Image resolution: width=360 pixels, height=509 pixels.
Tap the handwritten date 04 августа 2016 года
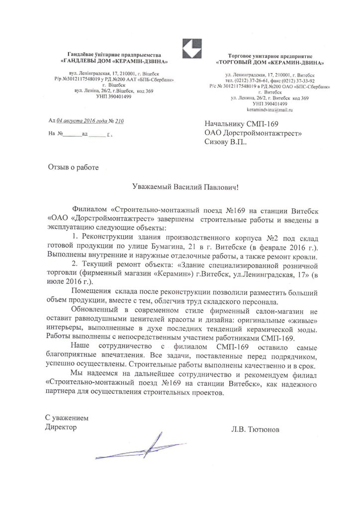(x=82, y=121)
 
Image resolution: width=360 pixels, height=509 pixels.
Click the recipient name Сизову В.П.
(x=224, y=142)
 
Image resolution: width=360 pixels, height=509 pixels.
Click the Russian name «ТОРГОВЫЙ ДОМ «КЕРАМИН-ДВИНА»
(x=270, y=64)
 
